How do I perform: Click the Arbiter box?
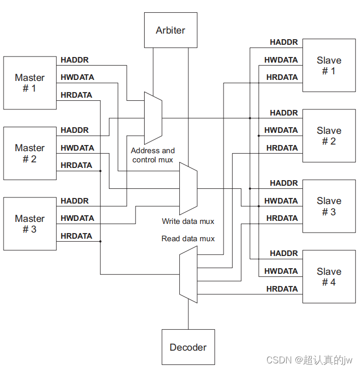(171, 30)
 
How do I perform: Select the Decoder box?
(188, 347)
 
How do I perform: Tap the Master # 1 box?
(30, 82)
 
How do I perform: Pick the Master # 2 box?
(30, 153)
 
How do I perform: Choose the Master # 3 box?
(30, 224)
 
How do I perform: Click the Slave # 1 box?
(329, 66)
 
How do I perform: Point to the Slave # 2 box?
(329, 136)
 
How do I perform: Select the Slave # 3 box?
(329, 206)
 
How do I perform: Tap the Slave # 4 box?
(329, 276)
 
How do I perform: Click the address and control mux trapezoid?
(153, 118)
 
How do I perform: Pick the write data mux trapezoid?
(188, 188)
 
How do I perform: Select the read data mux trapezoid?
(188, 274)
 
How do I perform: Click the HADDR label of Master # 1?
(74, 60)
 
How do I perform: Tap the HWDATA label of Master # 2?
(77, 148)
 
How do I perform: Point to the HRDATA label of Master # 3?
(76, 236)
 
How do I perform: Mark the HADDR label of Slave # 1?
(284, 42)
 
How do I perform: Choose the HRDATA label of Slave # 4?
(282, 289)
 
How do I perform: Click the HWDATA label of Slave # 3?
(281, 201)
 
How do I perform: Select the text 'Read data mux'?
(188, 239)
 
